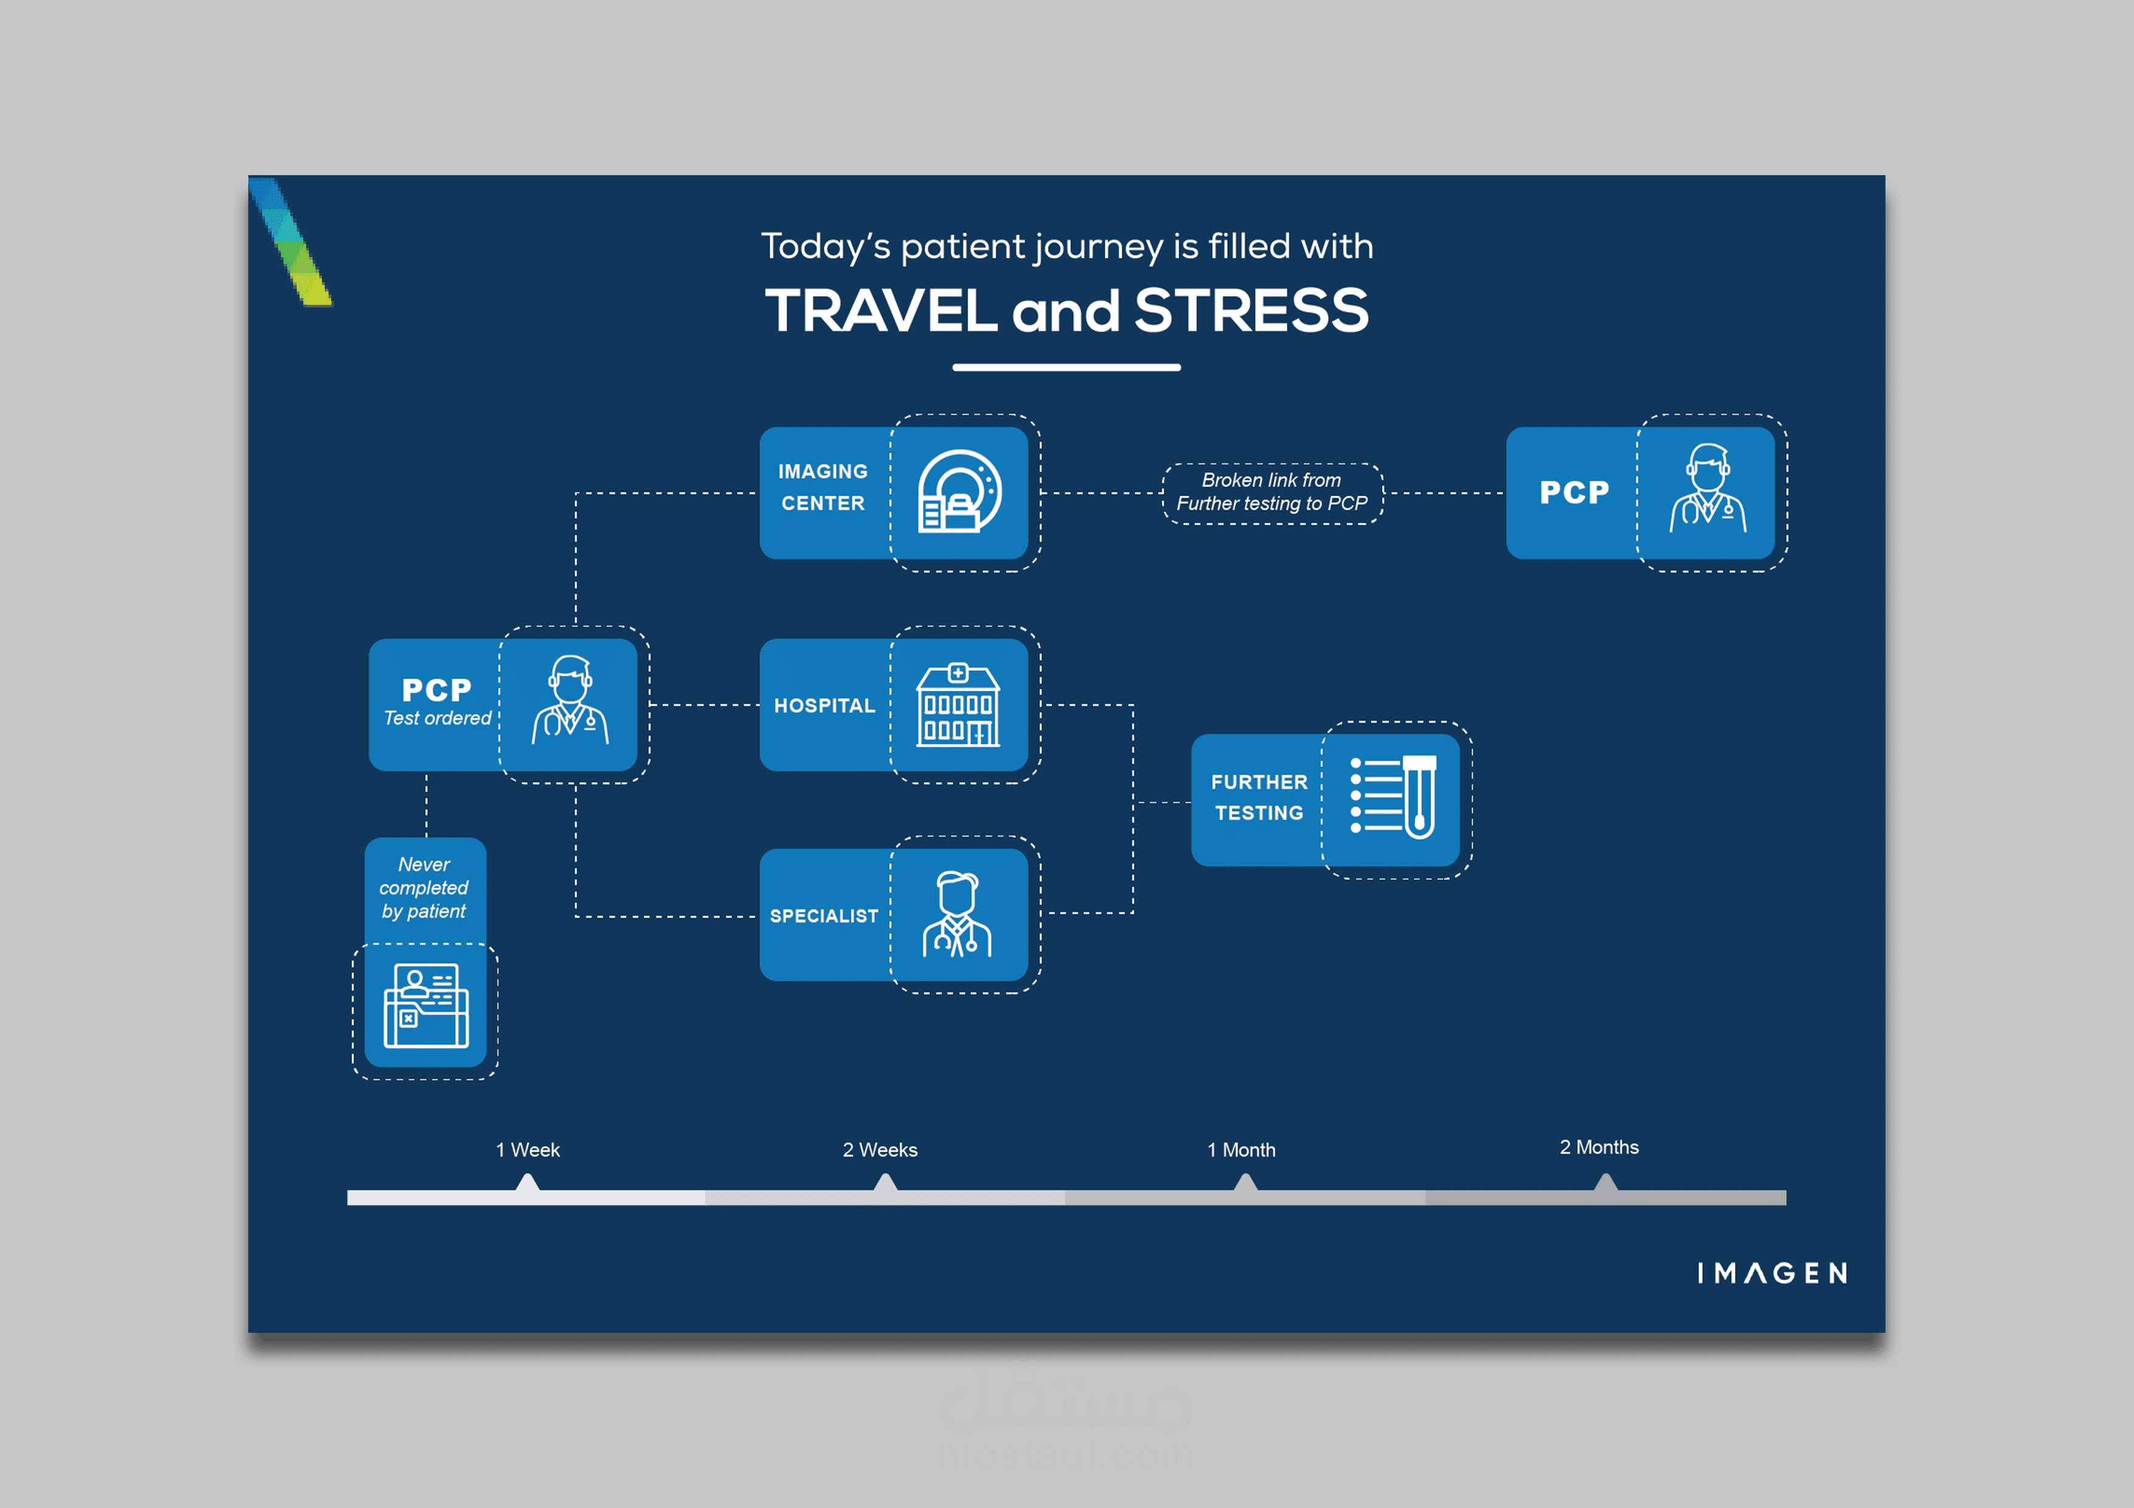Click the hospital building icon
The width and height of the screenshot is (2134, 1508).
click(x=958, y=705)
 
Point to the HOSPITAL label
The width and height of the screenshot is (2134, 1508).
click(x=824, y=706)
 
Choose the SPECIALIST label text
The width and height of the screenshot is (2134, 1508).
click(x=824, y=916)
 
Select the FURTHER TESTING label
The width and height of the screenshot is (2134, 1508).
click(x=1259, y=797)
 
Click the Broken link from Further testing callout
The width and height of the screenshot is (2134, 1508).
click(x=1273, y=493)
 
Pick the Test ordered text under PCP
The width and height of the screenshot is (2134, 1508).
click(x=438, y=718)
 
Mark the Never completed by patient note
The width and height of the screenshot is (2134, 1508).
click(x=424, y=888)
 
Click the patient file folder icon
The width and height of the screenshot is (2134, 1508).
click(x=426, y=1006)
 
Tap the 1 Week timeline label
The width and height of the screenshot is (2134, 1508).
click(x=528, y=1150)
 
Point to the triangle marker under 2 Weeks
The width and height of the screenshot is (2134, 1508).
click(x=886, y=1182)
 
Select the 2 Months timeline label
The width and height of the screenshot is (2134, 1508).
click(x=1599, y=1147)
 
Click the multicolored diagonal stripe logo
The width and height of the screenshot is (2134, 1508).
click(x=290, y=241)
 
